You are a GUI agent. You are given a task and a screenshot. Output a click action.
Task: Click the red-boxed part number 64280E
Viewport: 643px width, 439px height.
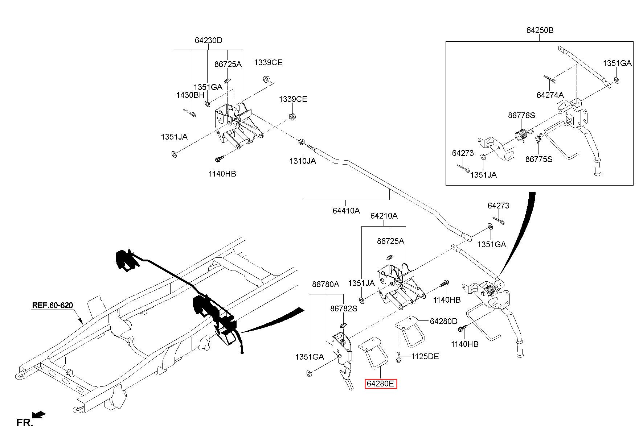coord(381,384)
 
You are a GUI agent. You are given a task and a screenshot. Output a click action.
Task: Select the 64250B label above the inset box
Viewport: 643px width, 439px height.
coord(540,30)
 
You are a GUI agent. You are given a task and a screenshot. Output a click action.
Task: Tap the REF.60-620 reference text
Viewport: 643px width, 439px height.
coord(53,305)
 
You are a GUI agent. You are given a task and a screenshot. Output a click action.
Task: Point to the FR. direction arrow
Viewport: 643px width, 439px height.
coord(38,414)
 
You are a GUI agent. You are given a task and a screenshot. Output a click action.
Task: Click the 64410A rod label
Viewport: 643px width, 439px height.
coord(346,211)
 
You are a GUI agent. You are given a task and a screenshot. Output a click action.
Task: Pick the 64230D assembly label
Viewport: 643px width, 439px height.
coord(208,41)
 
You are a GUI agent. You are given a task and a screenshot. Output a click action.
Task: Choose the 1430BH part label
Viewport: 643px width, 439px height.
coord(190,95)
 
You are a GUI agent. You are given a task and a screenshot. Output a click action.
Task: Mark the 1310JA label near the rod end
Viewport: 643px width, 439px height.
coord(302,161)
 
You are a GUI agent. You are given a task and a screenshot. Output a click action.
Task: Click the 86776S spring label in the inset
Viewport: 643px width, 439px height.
coord(521,116)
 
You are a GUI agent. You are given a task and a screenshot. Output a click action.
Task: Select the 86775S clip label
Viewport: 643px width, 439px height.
coord(539,159)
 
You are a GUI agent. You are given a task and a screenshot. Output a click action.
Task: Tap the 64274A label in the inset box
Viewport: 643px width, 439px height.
coord(550,95)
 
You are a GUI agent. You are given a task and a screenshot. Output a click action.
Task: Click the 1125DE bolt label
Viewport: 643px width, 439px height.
coord(425,357)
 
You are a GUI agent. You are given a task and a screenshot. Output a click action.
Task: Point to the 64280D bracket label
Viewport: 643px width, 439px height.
coord(443,321)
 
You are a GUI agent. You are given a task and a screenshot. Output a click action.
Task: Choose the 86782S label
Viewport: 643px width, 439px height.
coord(344,308)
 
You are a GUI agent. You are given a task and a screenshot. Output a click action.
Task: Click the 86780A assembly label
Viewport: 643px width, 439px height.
coord(325,285)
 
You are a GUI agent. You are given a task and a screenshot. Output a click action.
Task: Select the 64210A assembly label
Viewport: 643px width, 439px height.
coord(384,216)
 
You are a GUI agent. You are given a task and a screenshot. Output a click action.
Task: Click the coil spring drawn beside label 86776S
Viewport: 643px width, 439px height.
coord(522,136)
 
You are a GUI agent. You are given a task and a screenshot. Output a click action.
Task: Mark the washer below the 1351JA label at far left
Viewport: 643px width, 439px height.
coord(174,155)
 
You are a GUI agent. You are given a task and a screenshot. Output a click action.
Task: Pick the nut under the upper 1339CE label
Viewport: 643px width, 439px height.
coord(266,79)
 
